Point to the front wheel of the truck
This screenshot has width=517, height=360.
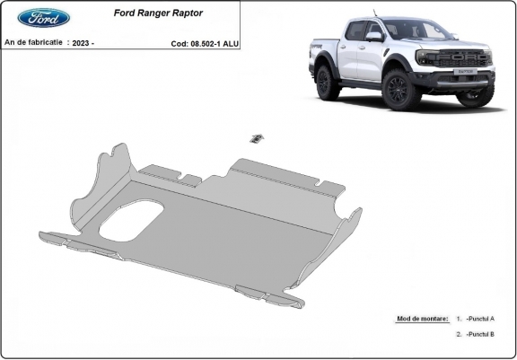[x=396, y=88]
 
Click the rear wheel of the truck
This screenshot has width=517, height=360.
[x=329, y=82]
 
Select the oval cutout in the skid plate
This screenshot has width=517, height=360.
[x=132, y=220]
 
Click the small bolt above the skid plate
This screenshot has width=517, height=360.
[x=257, y=137]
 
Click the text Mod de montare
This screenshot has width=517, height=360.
[x=420, y=319]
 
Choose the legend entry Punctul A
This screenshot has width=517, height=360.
[x=481, y=319]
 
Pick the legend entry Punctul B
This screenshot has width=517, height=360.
[x=481, y=334]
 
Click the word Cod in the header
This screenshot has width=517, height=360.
[x=179, y=42]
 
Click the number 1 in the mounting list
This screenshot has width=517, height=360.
[x=458, y=319]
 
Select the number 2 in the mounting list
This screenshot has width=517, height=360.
[x=458, y=334]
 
